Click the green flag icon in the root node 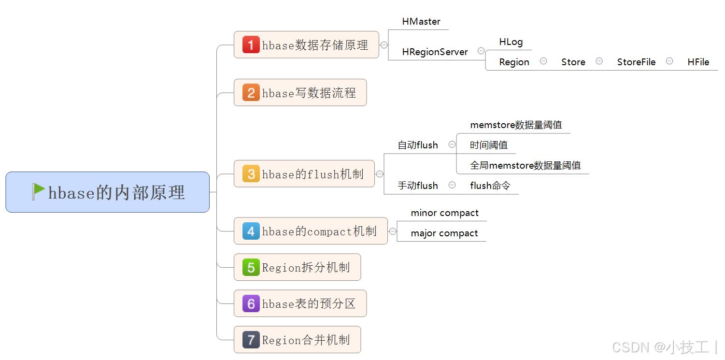(x=39, y=192)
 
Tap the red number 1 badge (x=251, y=45)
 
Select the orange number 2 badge (x=251, y=92)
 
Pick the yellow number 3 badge (x=251, y=173)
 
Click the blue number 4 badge (x=251, y=231)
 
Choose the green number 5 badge (x=251, y=267)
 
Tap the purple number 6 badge (x=251, y=303)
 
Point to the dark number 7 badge (x=251, y=340)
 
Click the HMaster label (x=421, y=22)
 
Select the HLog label (x=511, y=42)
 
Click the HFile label (x=698, y=62)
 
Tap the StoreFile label (x=636, y=62)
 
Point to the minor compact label (x=444, y=213)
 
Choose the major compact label (x=444, y=233)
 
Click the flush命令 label (x=490, y=186)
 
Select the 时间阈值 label (x=489, y=145)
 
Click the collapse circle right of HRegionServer (x=481, y=51)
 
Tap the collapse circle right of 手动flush (x=452, y=185)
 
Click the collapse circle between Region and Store (x=543, y=61)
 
